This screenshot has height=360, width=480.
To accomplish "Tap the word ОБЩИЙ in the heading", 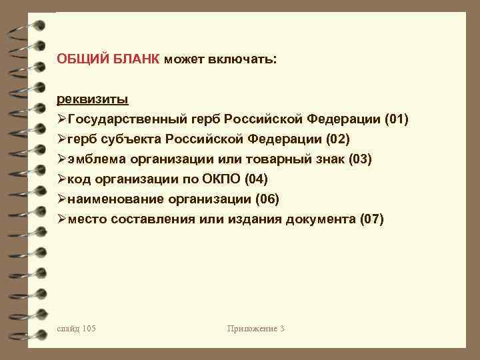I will coord(77,59).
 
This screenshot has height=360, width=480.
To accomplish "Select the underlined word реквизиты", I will coord(93,99).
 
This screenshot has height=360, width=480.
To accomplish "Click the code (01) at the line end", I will coord(396,119).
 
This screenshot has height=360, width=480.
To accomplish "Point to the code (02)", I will coord(336,139).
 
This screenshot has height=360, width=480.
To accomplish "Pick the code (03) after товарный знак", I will coord(359,159).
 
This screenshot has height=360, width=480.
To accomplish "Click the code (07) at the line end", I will coord(371,219).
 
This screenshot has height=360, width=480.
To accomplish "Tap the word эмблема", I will coord(95,159).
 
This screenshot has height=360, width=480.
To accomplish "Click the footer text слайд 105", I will coord(77,328).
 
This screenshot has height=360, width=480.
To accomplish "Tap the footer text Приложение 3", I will coord(256,328).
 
